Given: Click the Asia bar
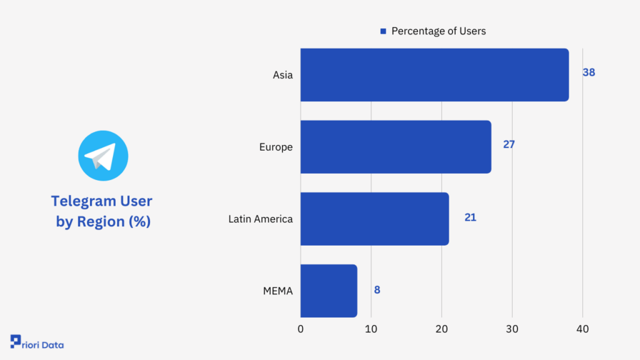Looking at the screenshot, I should click(434, 75).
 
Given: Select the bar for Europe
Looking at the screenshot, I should click(396, 147).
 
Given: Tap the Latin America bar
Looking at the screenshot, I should click(374, 219).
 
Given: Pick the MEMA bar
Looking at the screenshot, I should click(329, 291).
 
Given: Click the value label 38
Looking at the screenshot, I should click(589, 72).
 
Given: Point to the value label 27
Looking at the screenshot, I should click(509, 144).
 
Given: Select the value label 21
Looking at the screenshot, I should click(470, 217).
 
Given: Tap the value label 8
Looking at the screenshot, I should click(377, 289).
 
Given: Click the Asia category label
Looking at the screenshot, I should click(282, 75).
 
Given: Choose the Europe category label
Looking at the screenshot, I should click(276, 147).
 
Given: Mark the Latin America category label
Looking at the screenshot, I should click(261, 219).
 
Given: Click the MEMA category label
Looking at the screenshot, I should click(279, 291).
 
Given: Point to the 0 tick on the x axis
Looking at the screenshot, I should click(301, 329).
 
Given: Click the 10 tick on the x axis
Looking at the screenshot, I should click(371, 329).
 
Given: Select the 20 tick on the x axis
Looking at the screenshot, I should click(442, 329).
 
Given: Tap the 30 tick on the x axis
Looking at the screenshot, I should click(512, 329).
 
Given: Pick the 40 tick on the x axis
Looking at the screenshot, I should click(582, 329).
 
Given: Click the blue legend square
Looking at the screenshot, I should click(383, 31).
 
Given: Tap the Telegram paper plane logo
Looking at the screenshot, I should click(102, 156).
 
